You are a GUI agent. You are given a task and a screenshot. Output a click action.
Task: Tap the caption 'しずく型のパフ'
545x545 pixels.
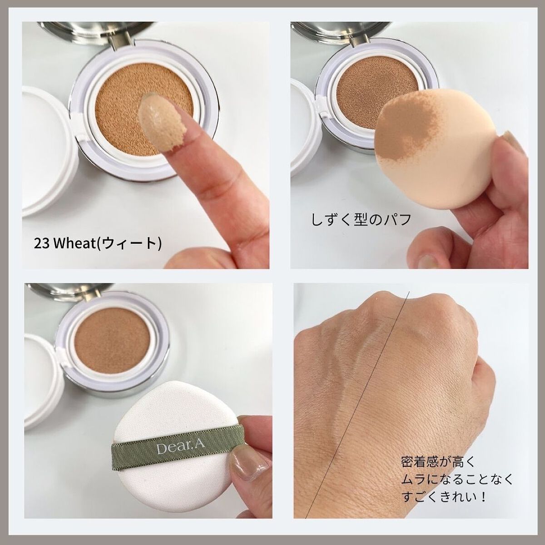point(362,219)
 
